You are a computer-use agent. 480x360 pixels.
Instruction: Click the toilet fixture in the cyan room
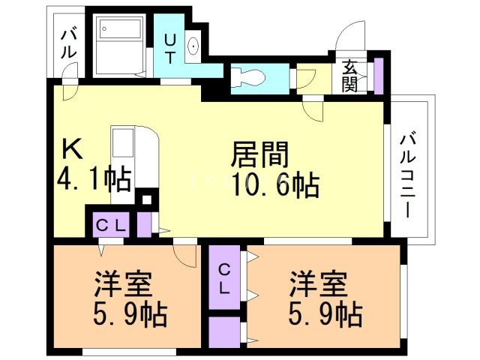[245, 76]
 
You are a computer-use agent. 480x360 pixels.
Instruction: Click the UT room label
[170, 46]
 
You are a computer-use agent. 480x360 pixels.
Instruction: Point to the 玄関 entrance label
[350, 75]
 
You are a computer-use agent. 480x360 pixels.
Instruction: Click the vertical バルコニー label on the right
[409, 174]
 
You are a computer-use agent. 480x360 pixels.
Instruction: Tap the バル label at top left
[67, 43]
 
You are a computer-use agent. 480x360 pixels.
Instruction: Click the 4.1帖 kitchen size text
[94, 181]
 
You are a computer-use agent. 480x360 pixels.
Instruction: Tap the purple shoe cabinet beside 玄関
[378, 75]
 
